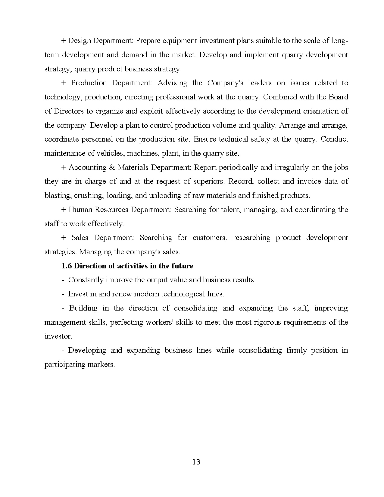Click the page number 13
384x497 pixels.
tap(196, 462)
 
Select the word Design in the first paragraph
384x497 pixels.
tap(79, 41)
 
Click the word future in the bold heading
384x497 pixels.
tap(182, 266)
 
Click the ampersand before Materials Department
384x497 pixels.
tap(112, 167)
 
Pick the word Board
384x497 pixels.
tap(338, 97)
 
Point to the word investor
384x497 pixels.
tap(58, 336)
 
